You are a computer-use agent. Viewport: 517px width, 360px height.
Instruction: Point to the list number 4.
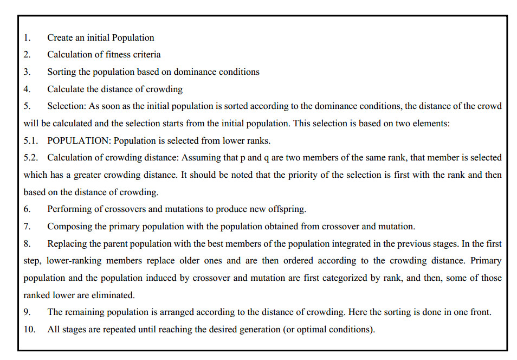pos(27,89)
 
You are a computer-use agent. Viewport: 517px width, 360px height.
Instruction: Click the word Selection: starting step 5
pos(67,106)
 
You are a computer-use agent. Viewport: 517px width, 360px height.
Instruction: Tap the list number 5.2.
pos(31,158)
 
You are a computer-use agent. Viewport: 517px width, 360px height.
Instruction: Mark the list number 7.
pos(27,227)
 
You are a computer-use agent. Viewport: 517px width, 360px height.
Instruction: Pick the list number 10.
pos(29,330)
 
